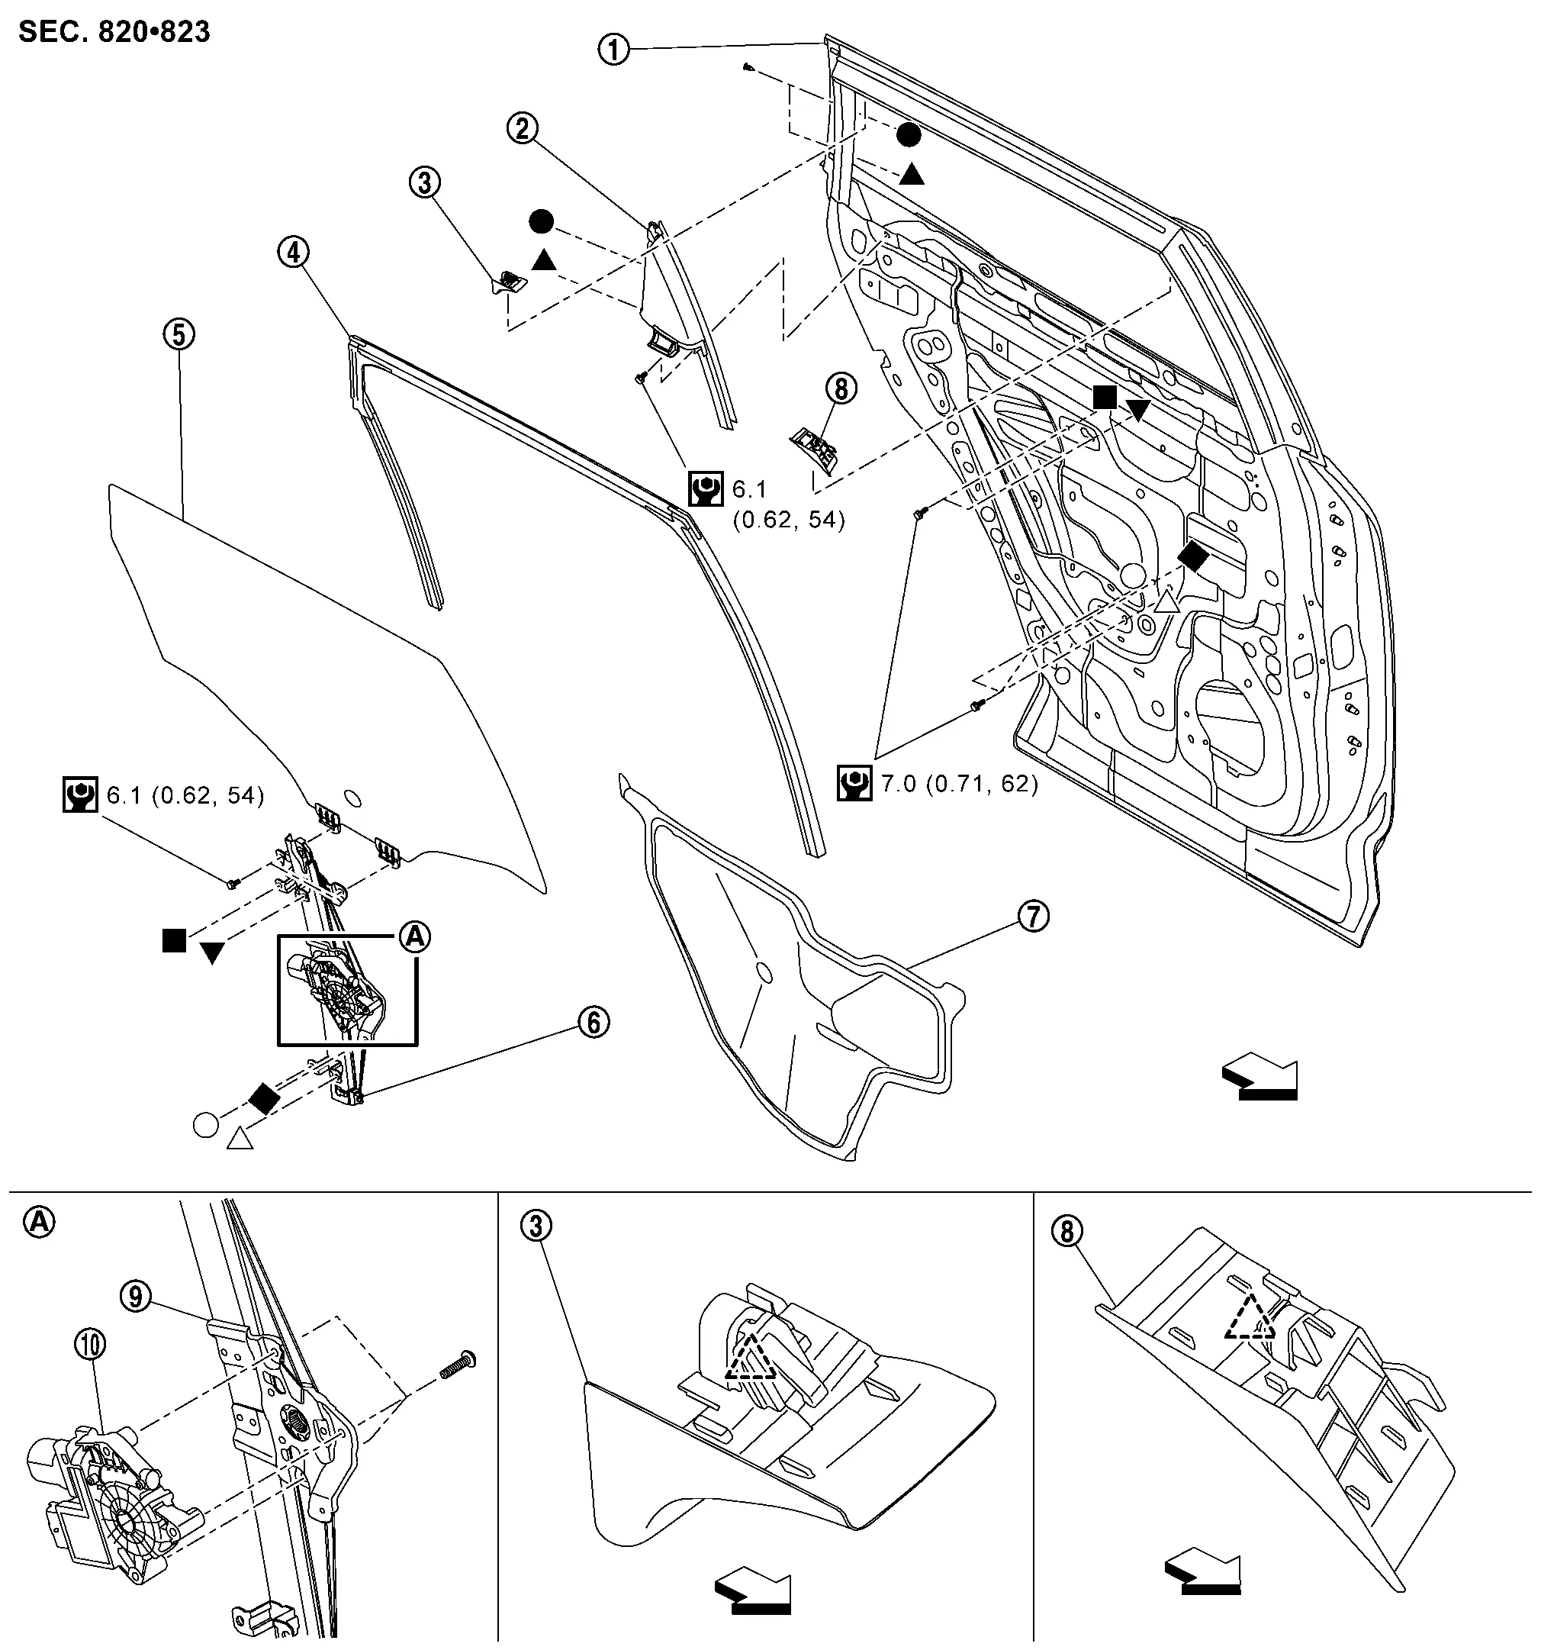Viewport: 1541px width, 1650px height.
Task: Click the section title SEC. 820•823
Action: pos(114,32)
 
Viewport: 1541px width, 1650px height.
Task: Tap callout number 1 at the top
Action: pos(614,49)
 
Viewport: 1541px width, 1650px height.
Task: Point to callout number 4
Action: pos(294,253)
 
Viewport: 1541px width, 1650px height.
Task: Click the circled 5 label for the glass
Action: pos(179,334)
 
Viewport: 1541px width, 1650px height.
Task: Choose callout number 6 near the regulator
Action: pos(594,1023)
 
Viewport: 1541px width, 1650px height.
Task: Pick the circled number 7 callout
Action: pos(1033,917)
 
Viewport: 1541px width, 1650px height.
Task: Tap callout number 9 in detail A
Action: pos(136,1296)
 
